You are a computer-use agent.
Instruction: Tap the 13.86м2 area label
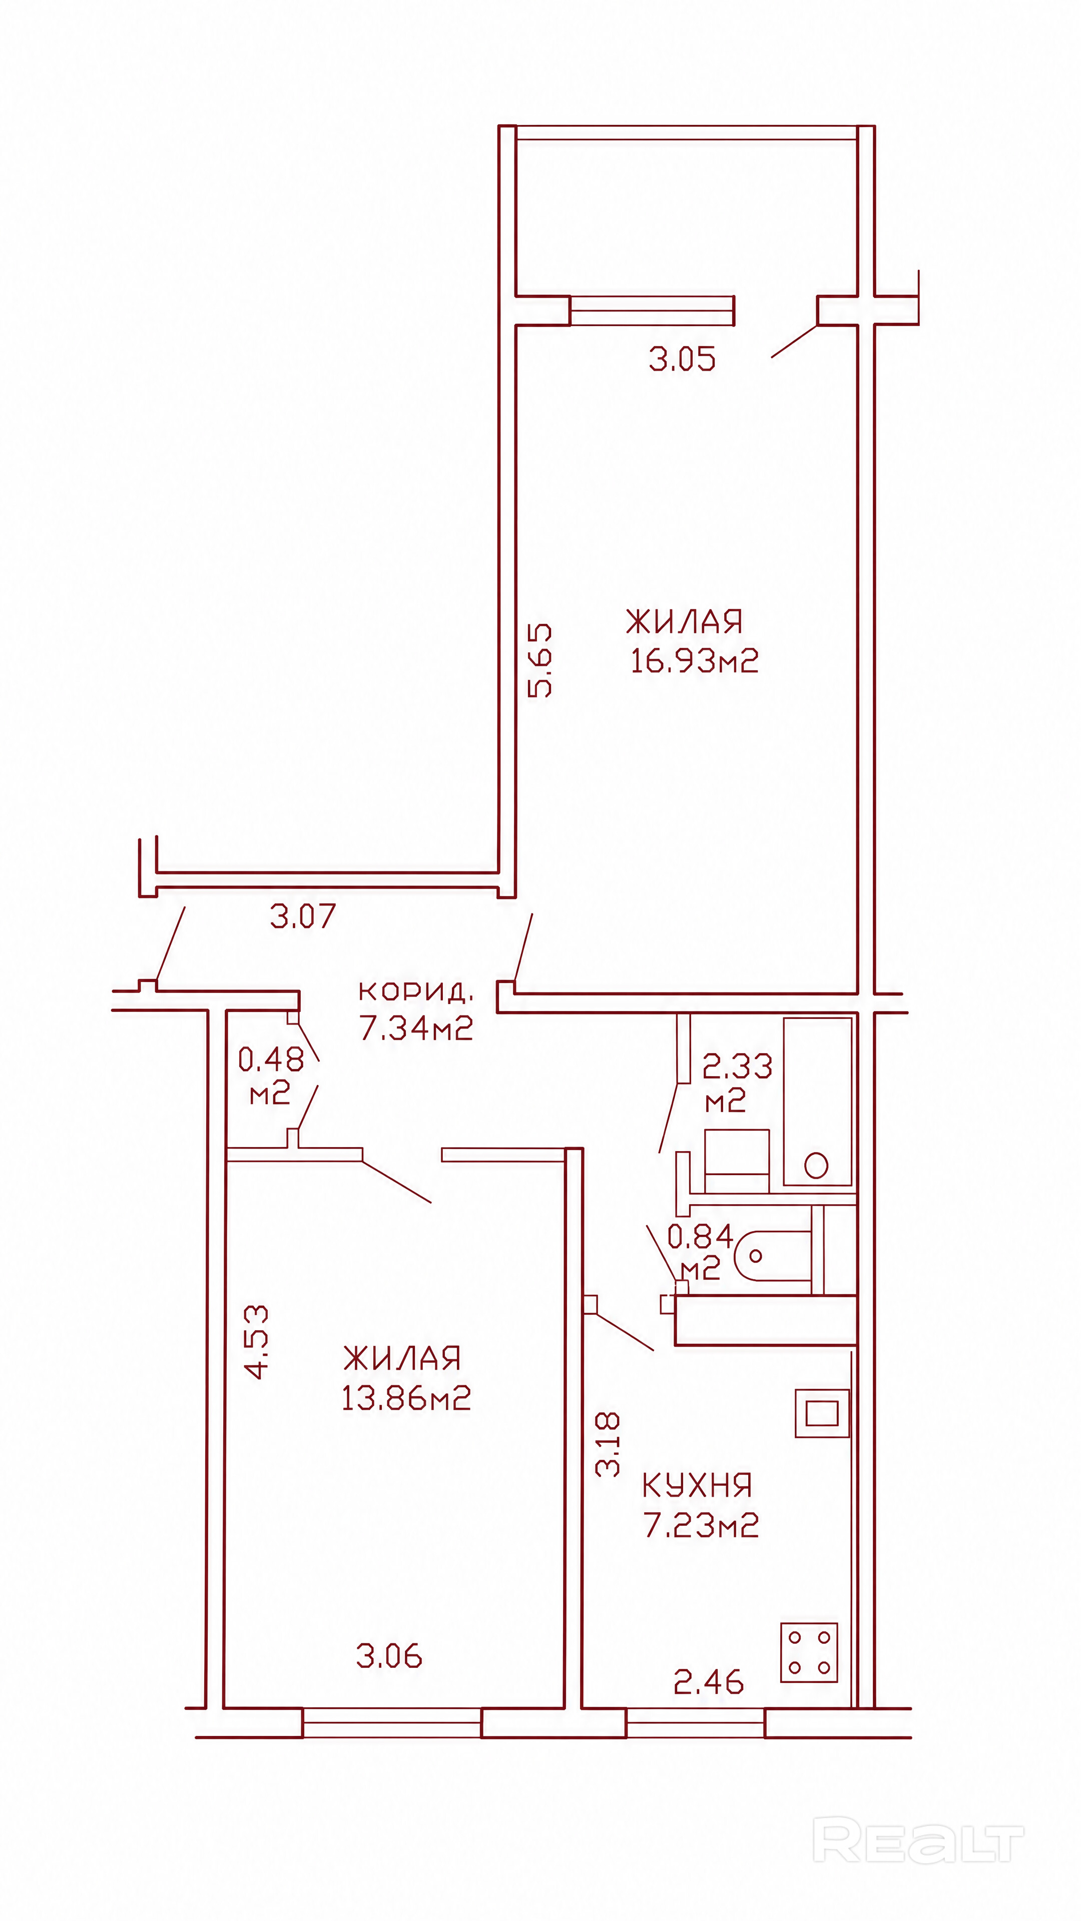click(x=406, y=1398)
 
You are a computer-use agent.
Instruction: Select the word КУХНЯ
click(x=697, y=1485)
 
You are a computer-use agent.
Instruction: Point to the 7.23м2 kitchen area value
click(x=701, y=1525)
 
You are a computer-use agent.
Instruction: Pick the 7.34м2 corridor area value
click(x=416, y=1029)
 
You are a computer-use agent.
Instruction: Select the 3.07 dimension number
click(x=303, y=916)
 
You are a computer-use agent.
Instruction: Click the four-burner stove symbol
click(x=809, y=1652)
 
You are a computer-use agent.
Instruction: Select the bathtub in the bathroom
click(x=818, y=1101)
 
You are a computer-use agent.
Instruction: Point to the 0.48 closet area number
click(x=271, y=1059)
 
